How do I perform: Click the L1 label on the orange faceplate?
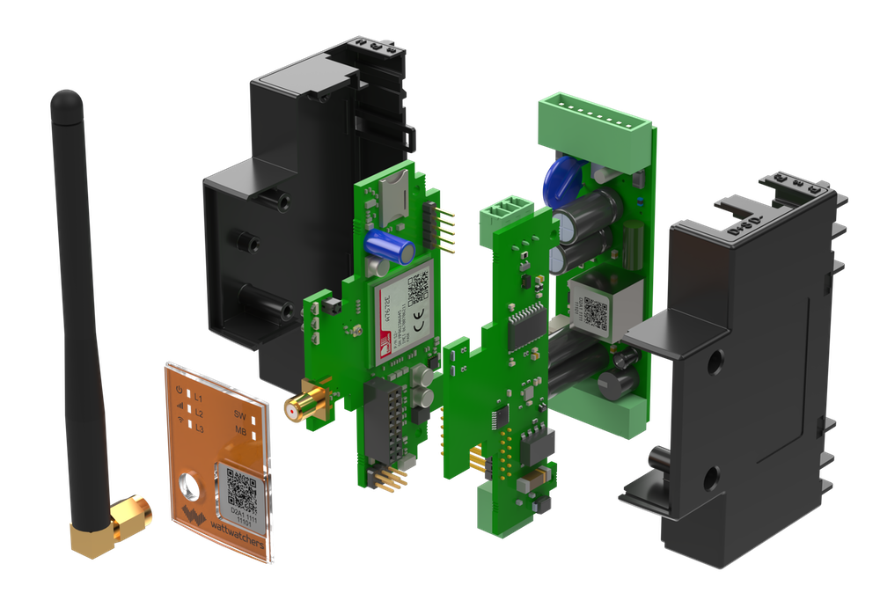point(200,399)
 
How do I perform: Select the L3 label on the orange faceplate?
point(200,428)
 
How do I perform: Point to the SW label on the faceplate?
point(239,414)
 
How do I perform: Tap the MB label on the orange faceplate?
point(239,431)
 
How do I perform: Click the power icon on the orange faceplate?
point(180,390)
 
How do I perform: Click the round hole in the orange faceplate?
point(191,486)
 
